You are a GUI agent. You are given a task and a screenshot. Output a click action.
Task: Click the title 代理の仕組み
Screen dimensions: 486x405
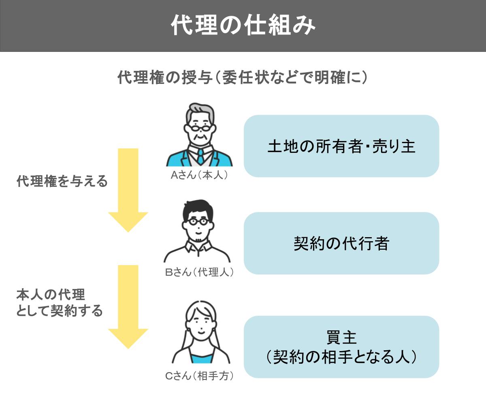click(243, 25)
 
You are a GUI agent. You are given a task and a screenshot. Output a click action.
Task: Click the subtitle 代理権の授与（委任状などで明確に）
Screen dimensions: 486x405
click(243, 77)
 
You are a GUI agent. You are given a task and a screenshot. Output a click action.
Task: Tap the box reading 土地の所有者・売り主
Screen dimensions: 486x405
click(341, 146)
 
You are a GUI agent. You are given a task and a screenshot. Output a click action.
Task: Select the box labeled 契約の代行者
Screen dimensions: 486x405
click(341, 243)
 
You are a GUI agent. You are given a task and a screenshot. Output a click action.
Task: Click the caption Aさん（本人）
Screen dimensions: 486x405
click(199, 175)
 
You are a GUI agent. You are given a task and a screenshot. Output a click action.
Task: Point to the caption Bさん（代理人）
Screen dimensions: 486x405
click(199, 272)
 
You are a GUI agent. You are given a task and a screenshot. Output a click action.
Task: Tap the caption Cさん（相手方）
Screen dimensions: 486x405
click(199, 376)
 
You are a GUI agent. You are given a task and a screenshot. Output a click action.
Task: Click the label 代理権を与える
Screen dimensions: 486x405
click(62, 181)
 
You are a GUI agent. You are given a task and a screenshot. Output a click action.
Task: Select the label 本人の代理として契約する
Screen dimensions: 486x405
click(60, 303)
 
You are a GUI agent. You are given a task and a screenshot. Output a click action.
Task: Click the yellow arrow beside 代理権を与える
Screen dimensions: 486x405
click(128, 190)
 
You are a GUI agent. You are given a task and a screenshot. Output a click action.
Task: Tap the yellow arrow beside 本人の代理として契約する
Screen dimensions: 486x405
click(128, 307)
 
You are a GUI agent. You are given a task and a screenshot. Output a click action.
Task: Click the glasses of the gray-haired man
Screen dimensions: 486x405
click(200, 128)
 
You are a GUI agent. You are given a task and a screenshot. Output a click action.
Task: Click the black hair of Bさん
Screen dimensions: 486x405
click(198, 208)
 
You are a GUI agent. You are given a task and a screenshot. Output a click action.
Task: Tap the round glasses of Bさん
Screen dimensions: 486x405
click(198, 222)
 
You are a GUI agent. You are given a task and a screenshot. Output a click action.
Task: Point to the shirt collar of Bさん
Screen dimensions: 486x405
click(198, 247)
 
